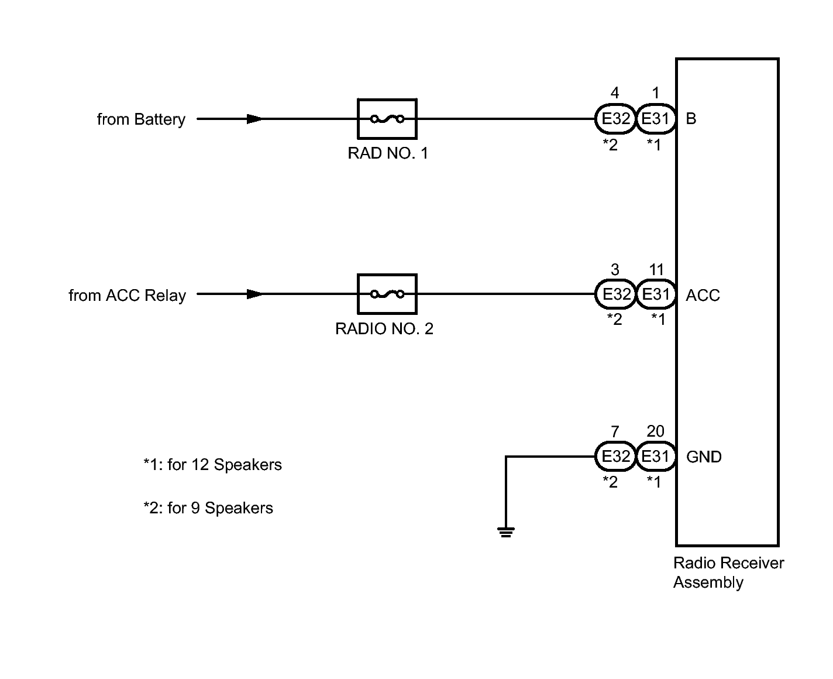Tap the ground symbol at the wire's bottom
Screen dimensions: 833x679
(505, 532)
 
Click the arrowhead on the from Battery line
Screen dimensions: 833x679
(254, 119)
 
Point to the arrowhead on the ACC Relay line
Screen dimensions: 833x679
(254, 294)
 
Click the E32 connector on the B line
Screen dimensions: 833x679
(615, 119)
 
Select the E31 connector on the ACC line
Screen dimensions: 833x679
(656, 294)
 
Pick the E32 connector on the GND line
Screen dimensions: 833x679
(615, 456)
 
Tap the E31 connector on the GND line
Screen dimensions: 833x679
(656, 456)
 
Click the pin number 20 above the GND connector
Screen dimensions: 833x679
(655, 431)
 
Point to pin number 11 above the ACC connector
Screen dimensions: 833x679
(656, 269)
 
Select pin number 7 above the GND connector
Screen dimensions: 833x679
(615, 431)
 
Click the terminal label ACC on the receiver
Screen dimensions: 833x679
(703, 295)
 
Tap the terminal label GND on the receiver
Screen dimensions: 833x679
(704, 457)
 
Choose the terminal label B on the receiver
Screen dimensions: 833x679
(691, 119)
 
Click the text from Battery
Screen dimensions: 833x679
(141, 119)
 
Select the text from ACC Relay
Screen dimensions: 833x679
(127, 296)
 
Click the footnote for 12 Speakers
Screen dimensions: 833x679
(212, 465)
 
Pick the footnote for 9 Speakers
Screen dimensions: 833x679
(208, 507)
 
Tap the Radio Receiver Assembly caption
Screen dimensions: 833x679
(728, 572)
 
